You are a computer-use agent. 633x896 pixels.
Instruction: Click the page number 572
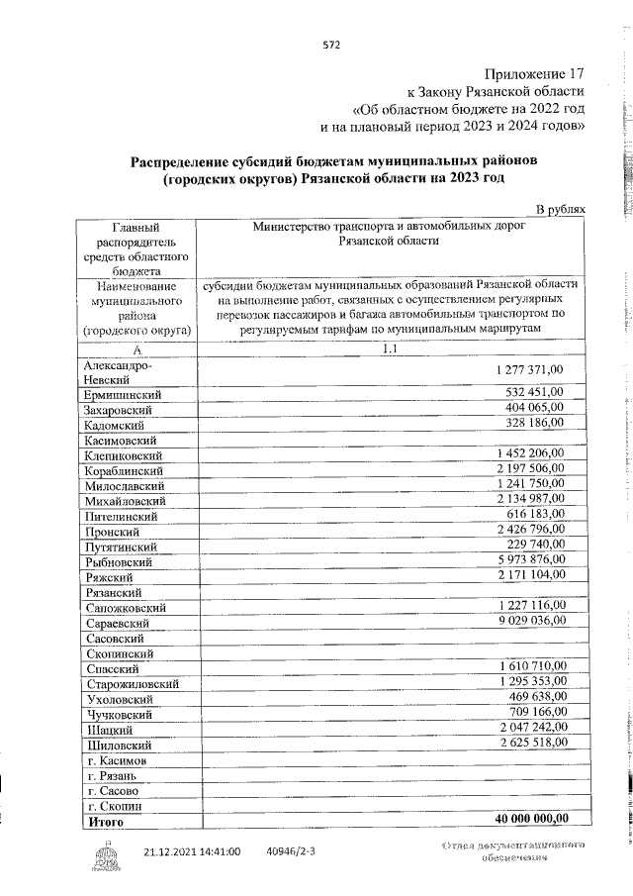click(331, 45)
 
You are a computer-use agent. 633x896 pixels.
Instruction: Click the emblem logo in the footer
click(106, 853)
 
